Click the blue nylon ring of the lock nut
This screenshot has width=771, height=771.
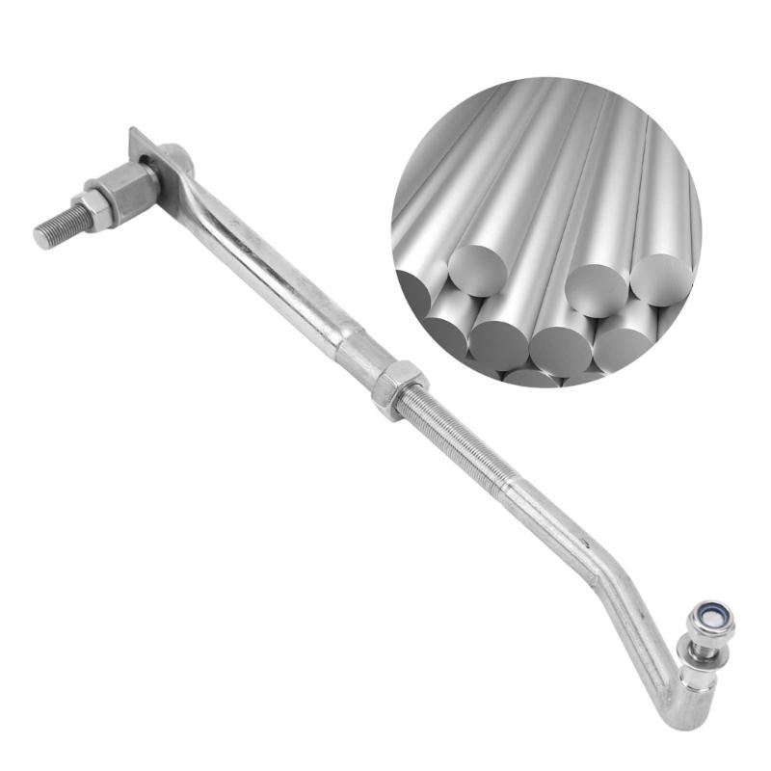click(712, 612)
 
